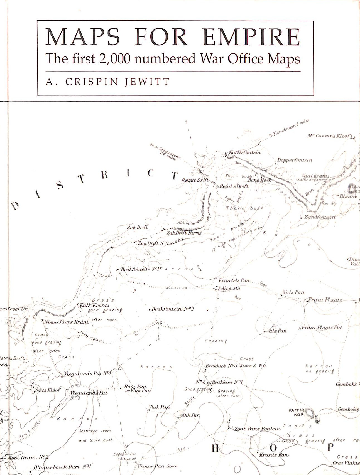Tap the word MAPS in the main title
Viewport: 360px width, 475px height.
pos(83,37)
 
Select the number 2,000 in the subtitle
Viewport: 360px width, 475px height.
pos(114,59)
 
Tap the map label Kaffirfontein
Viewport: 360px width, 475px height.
pos(244,152)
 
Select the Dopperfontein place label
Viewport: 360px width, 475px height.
pos(295,160)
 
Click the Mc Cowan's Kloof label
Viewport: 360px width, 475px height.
pos(329,136)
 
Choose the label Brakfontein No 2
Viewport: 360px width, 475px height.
pos(172,309)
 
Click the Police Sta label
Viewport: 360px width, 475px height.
pos(229,288)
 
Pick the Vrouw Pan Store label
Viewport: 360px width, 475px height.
pos(157,466)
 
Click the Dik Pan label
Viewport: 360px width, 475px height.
pos(191,415)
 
